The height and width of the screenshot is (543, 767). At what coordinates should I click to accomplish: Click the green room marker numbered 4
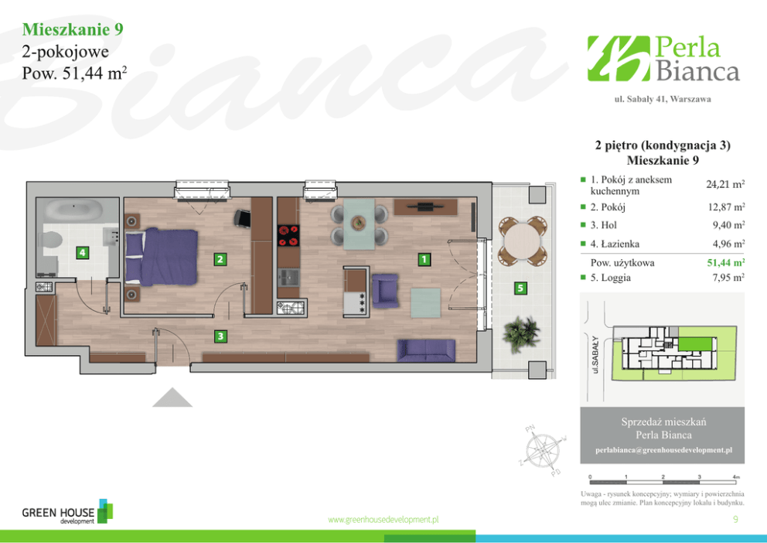[x=82, y=253]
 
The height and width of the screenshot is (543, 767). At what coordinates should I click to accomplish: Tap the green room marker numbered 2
[x=220, y=259]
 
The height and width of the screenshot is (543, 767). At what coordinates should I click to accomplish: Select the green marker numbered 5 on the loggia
[x=520, y=289]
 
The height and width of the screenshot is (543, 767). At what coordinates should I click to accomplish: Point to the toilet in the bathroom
[x=51, y=241]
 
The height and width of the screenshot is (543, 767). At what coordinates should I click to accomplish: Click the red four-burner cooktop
[x=288, y=235]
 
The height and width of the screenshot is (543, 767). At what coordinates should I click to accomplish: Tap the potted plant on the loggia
[x=521, y=333]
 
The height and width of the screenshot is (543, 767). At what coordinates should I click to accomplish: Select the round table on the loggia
[x=523, y=241]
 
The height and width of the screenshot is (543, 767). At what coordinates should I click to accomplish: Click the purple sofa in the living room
[x=427, y=350]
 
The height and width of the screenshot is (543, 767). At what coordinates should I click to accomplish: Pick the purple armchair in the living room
[x=385, y=291]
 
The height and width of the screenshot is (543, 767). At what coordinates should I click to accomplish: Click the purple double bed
[x=162, y=256]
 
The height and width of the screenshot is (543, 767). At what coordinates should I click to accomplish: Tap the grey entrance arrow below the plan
[x=172, y=398]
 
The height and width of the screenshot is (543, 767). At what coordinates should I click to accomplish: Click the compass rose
[x=543, y=450]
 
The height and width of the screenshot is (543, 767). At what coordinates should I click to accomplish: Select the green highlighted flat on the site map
[x=694, y=344]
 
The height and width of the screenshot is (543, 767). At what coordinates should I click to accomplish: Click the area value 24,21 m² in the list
[x=725, y=184]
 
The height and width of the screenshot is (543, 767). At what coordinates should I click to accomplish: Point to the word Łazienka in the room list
[x=620, y=244]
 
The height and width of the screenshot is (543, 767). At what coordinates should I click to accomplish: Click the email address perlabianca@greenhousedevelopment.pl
[x=663, y=450]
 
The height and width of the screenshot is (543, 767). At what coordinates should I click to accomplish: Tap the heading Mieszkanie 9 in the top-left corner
[x=73, y=29]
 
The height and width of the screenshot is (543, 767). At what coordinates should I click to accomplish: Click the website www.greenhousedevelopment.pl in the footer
[x=383, y=520]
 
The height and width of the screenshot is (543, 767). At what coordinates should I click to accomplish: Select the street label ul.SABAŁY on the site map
[x=595, y=355]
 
